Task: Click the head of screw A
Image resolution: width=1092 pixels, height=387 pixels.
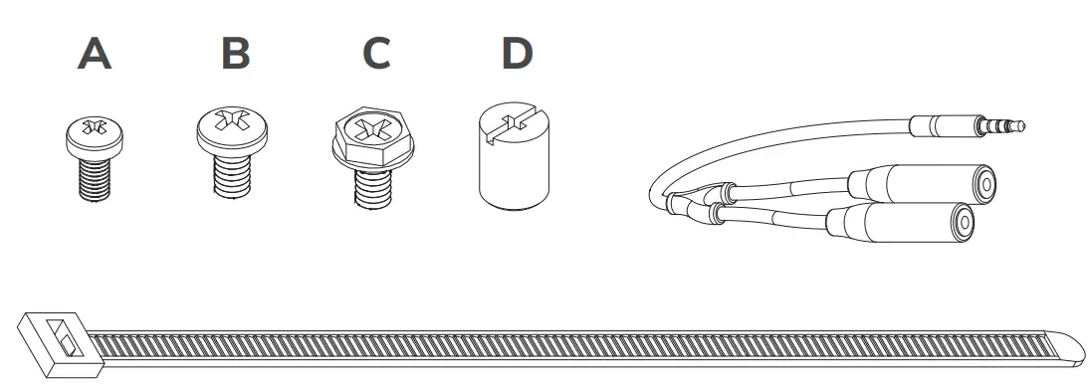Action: click(x=95, y=134)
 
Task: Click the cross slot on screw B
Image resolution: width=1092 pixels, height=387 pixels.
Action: click(x=235, y=123)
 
